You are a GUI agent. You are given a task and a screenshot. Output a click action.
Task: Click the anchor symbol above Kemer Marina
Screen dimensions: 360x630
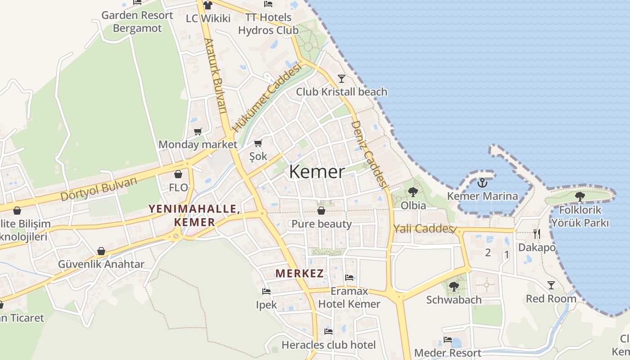point(482,182)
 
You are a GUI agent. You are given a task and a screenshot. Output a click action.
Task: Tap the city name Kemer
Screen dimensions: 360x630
point(317,172)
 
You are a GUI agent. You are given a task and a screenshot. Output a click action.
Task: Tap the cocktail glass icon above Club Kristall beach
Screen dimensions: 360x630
point(342,79)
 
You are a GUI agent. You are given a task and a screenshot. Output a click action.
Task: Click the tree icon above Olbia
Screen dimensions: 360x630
point(413,192)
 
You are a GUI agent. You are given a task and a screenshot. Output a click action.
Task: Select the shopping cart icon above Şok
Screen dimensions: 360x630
point(258,143)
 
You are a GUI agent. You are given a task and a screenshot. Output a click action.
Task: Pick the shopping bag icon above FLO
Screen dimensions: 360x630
point(178,174)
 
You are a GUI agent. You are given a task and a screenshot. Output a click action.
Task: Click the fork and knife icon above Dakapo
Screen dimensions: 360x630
point(536,234)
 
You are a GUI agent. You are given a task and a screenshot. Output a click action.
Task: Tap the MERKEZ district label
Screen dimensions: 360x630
point(300,273)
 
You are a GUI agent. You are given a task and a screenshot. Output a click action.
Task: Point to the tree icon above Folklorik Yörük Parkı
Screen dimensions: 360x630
point(580,196)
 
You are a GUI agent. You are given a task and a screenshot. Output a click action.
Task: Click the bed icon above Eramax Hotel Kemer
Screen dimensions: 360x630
point(349,278)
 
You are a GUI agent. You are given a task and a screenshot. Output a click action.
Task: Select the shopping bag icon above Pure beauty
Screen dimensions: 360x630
point(321,210)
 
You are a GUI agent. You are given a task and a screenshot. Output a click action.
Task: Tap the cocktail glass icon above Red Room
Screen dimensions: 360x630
point(551,285)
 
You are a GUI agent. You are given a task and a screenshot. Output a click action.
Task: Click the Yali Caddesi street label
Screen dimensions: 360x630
point(423,229)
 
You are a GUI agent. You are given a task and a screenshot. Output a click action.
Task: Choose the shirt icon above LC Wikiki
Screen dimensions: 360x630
point(207,5)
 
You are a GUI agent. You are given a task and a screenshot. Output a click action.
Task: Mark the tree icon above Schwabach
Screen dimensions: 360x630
point(454,286)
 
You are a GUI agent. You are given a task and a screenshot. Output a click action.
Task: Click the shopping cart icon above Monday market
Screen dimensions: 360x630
point(198,131)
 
